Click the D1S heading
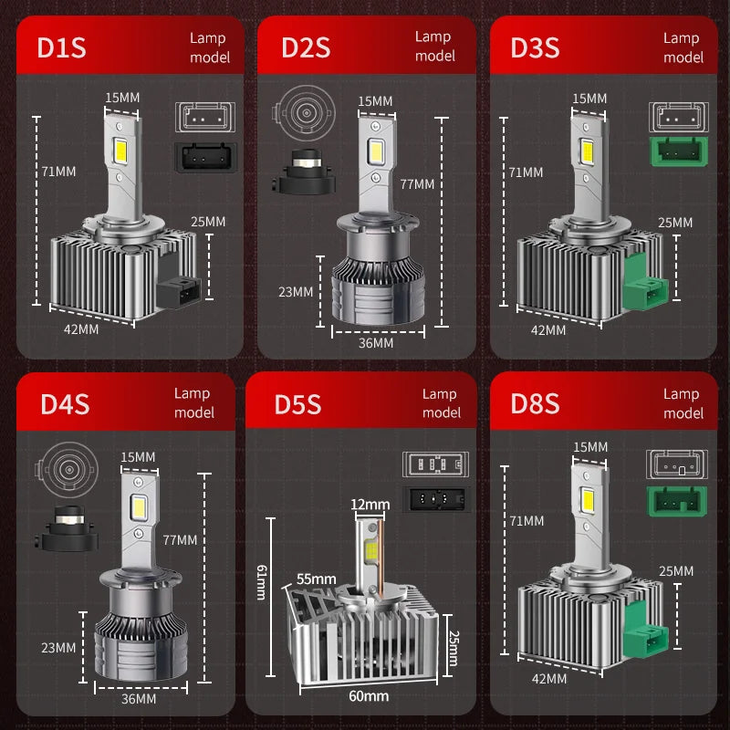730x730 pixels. tap(61, 48)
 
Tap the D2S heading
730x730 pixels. tap(305, 48)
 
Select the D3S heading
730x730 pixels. tap(535, 48)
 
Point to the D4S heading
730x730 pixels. tap(65, 404)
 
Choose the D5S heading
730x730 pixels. tap(297, 404)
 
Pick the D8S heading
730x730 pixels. tap(535, 404)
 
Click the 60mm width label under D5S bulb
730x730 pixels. tap(369, 696)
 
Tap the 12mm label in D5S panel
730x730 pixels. tap(370, 505)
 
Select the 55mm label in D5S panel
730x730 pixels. tap(316, 579)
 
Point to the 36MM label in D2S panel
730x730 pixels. tap(376, 343)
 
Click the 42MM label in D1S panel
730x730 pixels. tap(82, 329)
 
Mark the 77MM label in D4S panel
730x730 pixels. tap(180, 540)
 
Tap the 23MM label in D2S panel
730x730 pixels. tap(296, 292)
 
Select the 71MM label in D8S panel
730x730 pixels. tap(527, 521)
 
